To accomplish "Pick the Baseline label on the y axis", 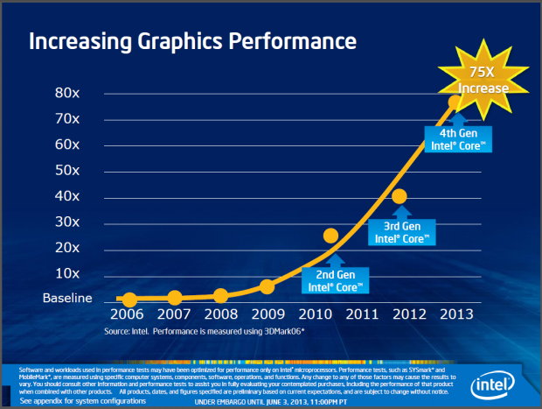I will coord(67,299).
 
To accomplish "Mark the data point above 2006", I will coord(129,300).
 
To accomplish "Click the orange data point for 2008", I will coord(220,296).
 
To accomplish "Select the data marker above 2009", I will coord(268,286).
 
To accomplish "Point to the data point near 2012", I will coord(400,197).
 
